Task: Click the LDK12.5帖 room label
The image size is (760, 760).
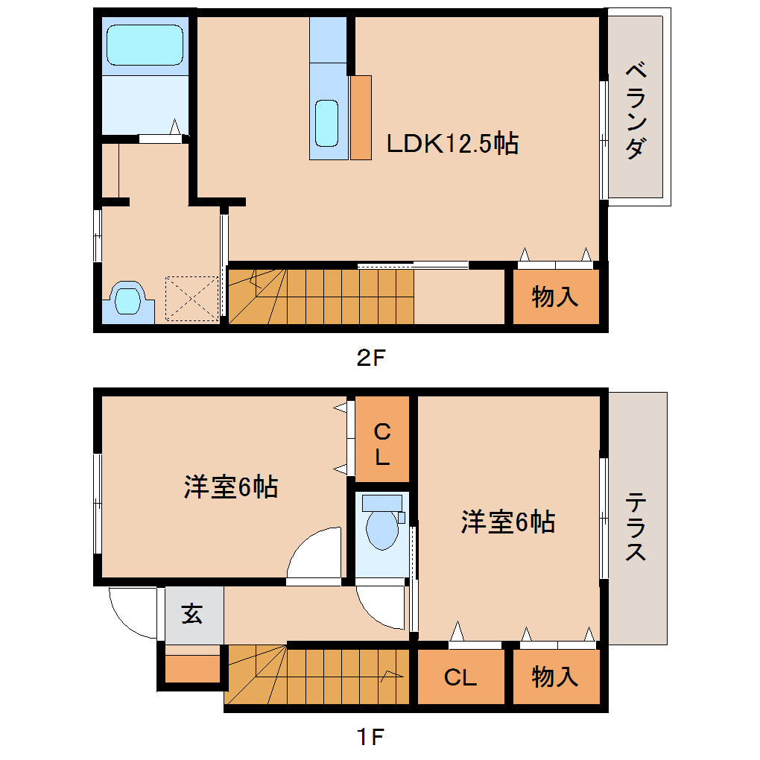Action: [452, 144]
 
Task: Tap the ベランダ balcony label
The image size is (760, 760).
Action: [636, 110]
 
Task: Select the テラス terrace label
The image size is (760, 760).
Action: [636, 526]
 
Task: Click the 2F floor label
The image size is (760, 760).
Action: [371, 358]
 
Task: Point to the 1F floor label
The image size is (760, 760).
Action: [371, 737]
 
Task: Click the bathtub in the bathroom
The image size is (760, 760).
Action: [145, 45]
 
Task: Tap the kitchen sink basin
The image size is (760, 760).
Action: [326, 123]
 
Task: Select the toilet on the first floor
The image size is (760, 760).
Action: [383, 522]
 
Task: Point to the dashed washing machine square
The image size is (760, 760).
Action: [192, 299]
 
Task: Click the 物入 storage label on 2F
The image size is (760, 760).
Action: [555, 297]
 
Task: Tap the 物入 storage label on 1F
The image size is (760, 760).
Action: [555, 677]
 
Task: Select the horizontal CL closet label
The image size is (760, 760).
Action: [460, 677]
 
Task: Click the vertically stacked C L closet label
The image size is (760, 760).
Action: [382, 444]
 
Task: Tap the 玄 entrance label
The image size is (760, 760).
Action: [192, 614]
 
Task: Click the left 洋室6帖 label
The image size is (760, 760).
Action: [231, 487]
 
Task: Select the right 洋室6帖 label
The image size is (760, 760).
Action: [508, 522]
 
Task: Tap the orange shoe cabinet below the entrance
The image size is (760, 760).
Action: [193, 668]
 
